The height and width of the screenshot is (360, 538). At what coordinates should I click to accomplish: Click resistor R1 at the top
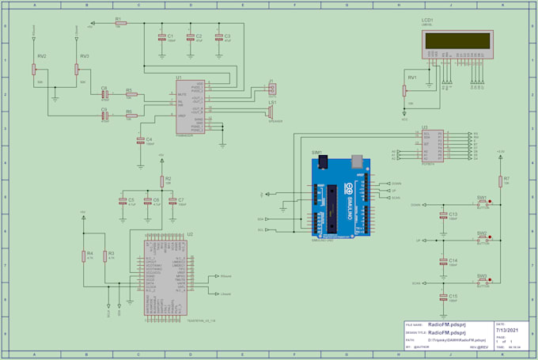click(118, 24)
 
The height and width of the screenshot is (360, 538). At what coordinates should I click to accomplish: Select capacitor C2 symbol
click(190, 37)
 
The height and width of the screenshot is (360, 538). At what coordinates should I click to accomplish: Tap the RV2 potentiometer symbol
click(35, 69)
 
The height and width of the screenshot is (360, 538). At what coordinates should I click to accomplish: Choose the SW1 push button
click(481, 203)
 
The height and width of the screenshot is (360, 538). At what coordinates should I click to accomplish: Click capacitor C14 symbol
click(442, 260)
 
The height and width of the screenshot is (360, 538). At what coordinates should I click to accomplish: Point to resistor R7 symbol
click(499, 181)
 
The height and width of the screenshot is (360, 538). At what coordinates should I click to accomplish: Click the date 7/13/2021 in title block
click(506, 330)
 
